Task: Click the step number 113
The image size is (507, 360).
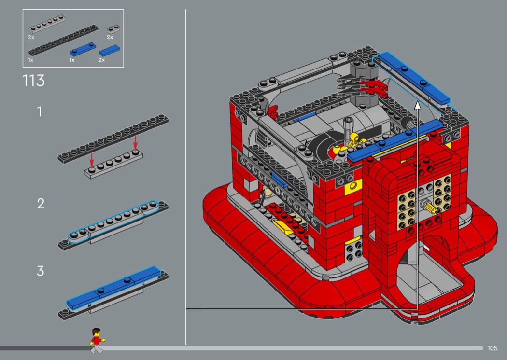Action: pyautogui.click(x=34, y=81)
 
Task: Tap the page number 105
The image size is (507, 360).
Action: pyautogui.click(x=492, y=348)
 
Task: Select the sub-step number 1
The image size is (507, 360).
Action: pyautogui.click(x=40, y=112)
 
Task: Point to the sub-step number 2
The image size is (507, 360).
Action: pyautogui.click(x=41, y=204)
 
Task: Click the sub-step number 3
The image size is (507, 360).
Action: pyautogui.click(x=41, y=271)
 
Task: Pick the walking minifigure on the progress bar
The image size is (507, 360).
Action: pyautogui.click(x=97, y=340)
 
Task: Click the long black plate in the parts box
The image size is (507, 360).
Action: pyautogui.click(x=63, y=40)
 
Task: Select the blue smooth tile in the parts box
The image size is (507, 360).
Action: pyautogui.click(x=109, y=50)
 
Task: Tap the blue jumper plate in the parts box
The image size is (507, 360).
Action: pyautogui.click(x=83, y=49)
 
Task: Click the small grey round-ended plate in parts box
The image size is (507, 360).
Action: pyautogui.click(x=113, y=29)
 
